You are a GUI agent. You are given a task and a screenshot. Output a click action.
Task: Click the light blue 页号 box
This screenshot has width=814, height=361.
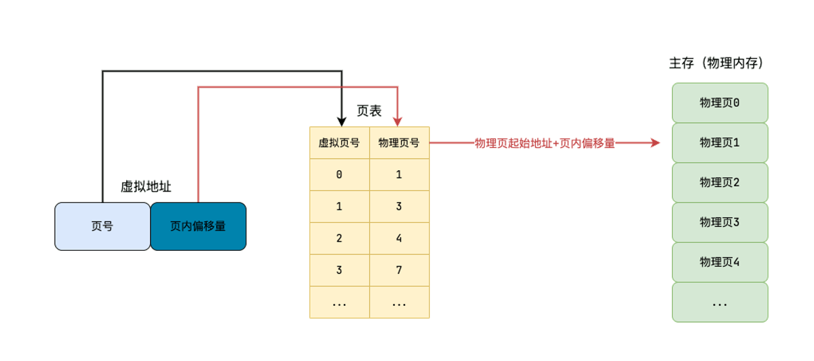click(102, 226)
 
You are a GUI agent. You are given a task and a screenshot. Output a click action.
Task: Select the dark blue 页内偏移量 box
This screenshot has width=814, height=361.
click(198, 226)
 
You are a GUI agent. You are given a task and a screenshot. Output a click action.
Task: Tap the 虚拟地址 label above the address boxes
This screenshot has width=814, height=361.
click(146, 187)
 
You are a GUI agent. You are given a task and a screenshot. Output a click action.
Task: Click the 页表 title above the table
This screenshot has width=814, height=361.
click(369, 111)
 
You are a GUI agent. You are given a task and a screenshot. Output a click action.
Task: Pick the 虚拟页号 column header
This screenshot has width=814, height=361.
click(340, 143)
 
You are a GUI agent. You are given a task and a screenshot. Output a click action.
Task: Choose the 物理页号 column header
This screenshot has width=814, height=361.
click(400, 143)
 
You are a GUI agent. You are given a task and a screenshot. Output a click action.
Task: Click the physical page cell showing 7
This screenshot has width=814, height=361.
click(400, 270)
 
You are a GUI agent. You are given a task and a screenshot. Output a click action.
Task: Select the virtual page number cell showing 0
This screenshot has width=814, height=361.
click(340, 175)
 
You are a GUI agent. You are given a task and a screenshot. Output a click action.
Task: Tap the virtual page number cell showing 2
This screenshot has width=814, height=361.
click(340, 238)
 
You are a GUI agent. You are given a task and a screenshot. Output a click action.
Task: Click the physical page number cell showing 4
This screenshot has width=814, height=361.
click(400, 238)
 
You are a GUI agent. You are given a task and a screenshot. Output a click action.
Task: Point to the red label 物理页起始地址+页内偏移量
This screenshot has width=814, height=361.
click(545, 143)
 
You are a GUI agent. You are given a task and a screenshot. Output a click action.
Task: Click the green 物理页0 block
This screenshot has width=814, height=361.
click(720, 103)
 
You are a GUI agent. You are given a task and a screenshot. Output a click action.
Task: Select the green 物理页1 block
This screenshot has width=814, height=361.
click(720, 143)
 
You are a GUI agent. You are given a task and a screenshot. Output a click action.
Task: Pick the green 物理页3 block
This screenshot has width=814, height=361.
click(720, 222)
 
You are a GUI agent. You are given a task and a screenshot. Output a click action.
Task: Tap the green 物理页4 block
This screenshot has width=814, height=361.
click(720, 262)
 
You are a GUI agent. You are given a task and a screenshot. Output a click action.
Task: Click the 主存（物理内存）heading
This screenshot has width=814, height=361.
click(717, 63)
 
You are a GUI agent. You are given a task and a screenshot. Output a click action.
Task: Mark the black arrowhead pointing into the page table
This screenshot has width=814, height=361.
click(342, 122)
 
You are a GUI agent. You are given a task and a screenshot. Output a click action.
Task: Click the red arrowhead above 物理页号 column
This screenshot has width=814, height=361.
click(398, 122)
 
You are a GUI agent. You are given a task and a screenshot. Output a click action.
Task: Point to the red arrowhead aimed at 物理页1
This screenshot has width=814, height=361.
click(655, 143)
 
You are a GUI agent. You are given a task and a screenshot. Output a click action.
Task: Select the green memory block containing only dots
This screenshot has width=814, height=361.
click(720, 302)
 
